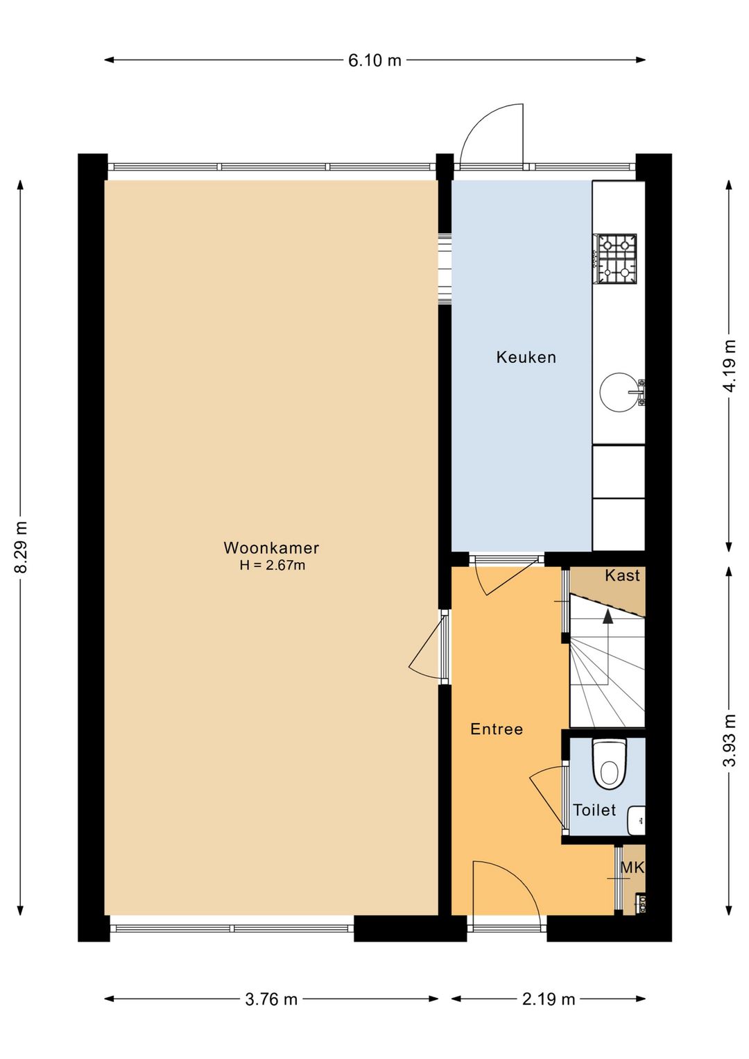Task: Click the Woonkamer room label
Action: point(271,548)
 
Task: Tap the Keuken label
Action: point(526,357)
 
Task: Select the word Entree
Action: point(497,729)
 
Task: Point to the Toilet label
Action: point(594,810)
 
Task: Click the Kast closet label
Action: point(622,575)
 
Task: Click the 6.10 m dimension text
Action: point(374,60)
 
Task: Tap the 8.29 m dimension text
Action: point(21,548)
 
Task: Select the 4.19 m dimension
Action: point(730,366)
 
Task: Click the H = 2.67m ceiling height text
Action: point(272,566)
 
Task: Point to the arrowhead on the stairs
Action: point(608,616)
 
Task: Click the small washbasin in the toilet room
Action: point(636,820)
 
